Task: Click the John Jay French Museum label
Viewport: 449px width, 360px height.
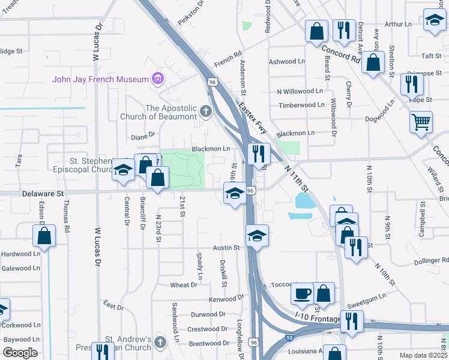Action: [100, 79]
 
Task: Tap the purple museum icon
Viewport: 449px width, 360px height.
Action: [158, 78]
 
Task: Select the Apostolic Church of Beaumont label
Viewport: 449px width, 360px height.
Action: [163, 113]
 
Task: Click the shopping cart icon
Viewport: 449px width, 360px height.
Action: [421, 122]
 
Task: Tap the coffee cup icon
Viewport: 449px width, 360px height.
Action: [302, 293]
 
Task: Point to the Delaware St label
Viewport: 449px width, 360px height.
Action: [43, 194]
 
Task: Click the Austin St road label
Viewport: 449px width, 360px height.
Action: [226, 247]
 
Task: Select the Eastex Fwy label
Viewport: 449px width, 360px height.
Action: [252, 117]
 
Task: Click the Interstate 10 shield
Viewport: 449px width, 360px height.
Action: [290, 338]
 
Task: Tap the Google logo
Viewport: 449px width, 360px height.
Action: [20, 352]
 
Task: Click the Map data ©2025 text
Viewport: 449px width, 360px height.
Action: [424, 355]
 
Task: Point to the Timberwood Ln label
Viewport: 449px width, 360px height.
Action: [301, 105]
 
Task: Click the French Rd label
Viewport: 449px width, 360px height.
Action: [228, 59]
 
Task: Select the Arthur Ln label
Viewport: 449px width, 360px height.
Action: [399, 24]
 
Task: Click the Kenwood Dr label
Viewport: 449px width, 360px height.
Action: [226, 298]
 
